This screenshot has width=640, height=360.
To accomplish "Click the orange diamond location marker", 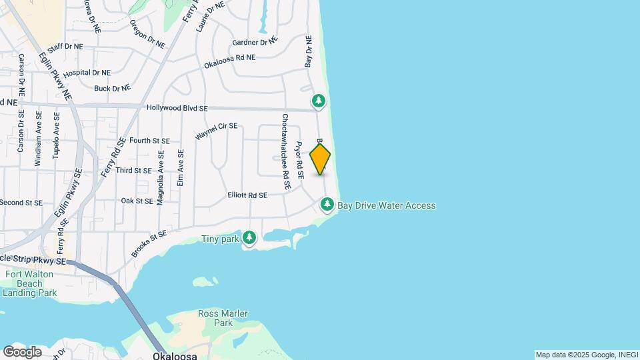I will pyautogui.click(x=321, y=159).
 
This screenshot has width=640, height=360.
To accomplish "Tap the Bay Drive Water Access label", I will pyautogui.click(x=387, y=205).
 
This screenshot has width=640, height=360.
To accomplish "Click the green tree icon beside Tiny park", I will pyautogui.click(x=249, y=237).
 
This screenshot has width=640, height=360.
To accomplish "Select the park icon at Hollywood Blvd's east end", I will pyautogui.click(x=319, y=101).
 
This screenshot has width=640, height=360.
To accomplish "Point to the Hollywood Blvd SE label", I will pyautogui.click(x=177, y=108).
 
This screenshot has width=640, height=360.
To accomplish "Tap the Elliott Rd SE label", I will pyautogui.click(x=247, y=195).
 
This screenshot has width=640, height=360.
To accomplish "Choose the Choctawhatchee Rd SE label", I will pyautogui.click(x=285, y=153).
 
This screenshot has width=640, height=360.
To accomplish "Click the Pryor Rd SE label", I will pyautogui.click(x=300, y=160).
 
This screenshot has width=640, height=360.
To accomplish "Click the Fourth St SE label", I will pyautogui.click(x=150, y=141).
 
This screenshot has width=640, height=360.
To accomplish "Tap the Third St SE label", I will pyautogui.click(x=134, y=171).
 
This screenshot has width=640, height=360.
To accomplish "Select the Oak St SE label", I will pyautogui.click(x=138, y=200).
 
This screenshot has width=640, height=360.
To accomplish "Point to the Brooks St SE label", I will pyautogui.click(x=148, y=244).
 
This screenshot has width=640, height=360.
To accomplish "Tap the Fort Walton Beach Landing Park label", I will pyautogui.click(x=31, y=283).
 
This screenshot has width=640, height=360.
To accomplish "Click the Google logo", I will pyautogui.click(x=21, y=351).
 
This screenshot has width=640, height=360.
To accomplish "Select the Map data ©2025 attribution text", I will pyautogui.click(x=586, y=355).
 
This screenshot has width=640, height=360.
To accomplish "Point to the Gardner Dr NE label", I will pyautogui.click(x=254, y=43).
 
